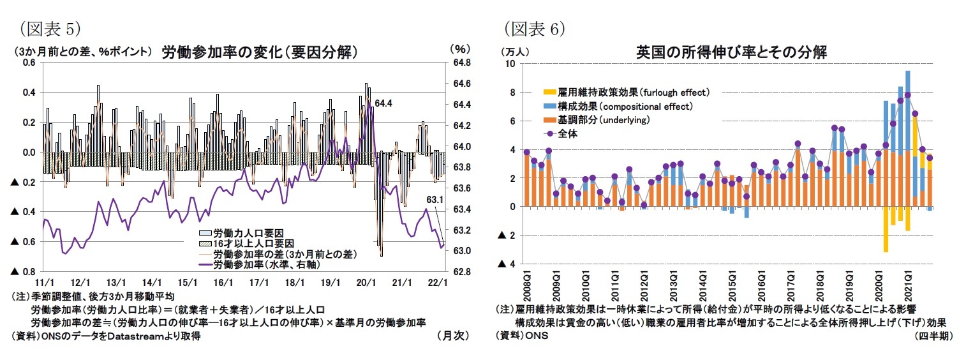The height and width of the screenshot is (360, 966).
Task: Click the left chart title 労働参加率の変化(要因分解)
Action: (258, 52)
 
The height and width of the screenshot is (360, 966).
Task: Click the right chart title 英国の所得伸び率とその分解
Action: (731, 52)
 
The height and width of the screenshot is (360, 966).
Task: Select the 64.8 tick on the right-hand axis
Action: (461, 63)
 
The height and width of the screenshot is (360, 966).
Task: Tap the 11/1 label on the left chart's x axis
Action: (43, 282)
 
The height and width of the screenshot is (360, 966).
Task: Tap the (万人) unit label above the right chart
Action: (514, 52)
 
